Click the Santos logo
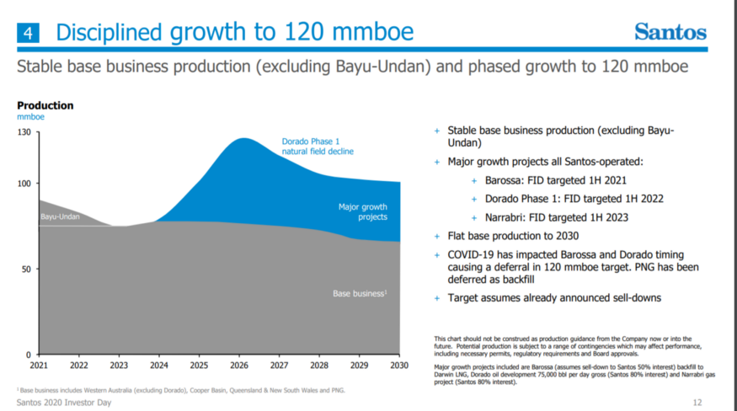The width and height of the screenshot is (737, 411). tap(670, 32)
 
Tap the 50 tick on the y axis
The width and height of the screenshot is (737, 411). tap(25, 270)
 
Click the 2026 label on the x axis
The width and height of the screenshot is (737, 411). tap(239, 366)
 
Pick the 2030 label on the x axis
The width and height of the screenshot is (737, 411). tap(399, 366)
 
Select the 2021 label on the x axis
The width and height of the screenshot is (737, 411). tap(39, 366)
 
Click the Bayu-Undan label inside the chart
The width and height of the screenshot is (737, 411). tap(60, 217)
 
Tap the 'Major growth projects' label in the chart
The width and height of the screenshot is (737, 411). tap(362, 211)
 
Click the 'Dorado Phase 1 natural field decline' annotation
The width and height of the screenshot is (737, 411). tap(317, 146)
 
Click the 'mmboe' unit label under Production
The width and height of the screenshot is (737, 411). tap(31, 117)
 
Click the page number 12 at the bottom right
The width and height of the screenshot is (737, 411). tap(697, 403)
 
